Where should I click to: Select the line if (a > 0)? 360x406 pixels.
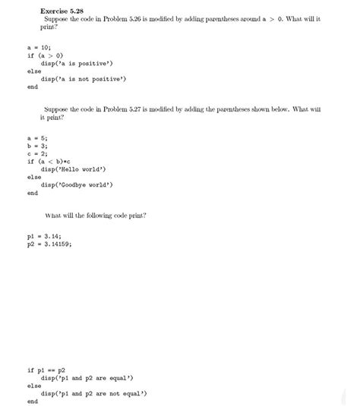tap(46, 55)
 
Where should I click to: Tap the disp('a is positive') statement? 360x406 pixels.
tap(79, 63)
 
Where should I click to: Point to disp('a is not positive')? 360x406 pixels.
tap(84, 79)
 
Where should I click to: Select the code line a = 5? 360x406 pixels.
tap(37, 138)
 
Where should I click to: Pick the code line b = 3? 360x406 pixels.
tap(37, 146)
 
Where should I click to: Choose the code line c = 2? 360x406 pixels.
tap(37, 153)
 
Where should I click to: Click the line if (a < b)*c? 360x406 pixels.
tap(52, 162)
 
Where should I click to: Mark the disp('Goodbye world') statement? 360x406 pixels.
tap(77, 185)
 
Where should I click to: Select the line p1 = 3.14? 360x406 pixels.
tap(43, 238)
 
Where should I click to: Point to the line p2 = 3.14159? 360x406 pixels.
tap(49, 245)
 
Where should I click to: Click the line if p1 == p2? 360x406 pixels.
tap(47, 370)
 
